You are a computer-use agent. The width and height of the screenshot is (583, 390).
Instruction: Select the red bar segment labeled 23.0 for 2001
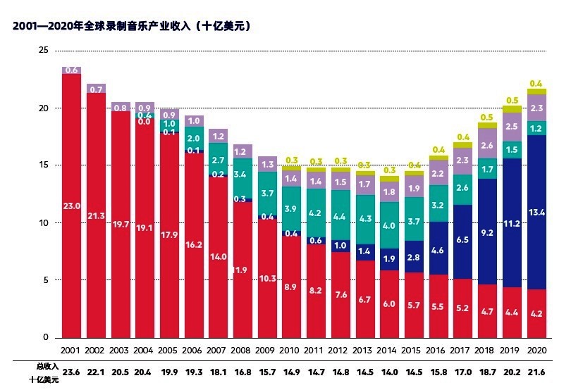click(71, 207)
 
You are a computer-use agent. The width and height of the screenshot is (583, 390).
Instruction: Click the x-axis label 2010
click(290, 350)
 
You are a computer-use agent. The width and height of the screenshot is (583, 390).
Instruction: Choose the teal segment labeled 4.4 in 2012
click(340, 216)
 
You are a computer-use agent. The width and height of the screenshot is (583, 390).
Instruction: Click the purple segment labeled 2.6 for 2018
click(487, 145)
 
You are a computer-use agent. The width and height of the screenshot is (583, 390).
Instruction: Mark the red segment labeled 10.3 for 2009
click(266, 279)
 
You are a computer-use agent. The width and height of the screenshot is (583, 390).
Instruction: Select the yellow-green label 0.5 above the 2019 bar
click(511, 100)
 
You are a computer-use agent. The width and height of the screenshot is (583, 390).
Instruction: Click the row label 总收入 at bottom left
click(47, 366)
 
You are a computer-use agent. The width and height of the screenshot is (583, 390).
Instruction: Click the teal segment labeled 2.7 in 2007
click(218, 160)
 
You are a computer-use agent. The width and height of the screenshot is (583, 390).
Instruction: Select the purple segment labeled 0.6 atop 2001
click(71, 70)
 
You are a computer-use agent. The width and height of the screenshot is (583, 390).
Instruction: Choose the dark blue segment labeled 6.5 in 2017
click(462, 240)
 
